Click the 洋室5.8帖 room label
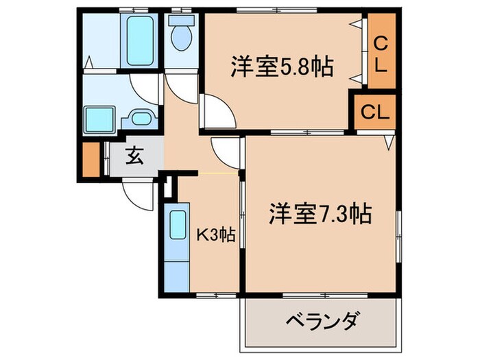(x=282, y=67)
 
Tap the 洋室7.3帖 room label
(x=320, y=213)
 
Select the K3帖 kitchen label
(x=215, y=235)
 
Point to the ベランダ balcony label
(x=322, y=320)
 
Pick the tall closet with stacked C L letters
(x=381, y=51)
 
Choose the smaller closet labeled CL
(x=375, y=112)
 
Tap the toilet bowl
(x=181, y=33)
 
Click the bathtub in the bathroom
(x=140, y=40)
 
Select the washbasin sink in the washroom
(x=141, y=119)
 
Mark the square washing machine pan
(x=99, y=120)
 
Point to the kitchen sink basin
(x=178, y=225)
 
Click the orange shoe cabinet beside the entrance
(x=91, y=159)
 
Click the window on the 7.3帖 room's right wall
(x=398, y=237)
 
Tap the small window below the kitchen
(x=216, y=296)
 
